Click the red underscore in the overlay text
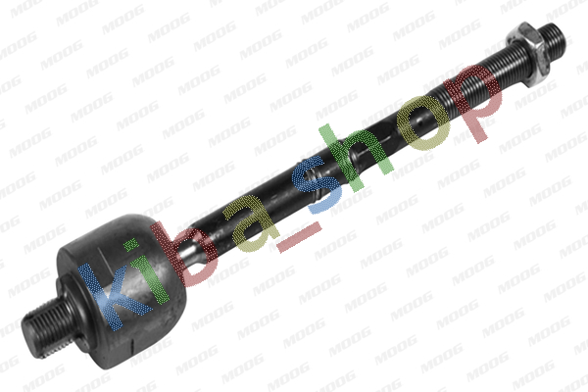(x=299, y=236)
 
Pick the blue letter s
(x=318, y=184)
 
